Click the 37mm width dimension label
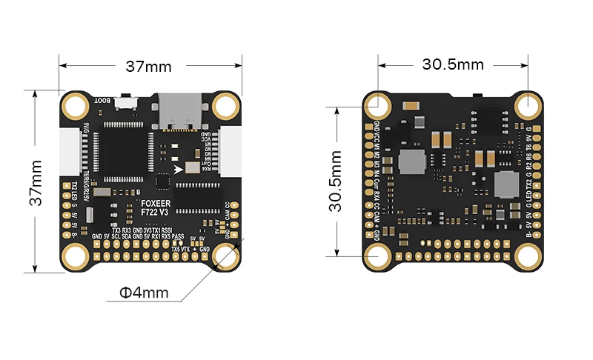(148, 67)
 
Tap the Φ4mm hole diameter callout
(144, 293)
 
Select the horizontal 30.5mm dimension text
(453, 64)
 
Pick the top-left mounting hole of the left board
(74, 107)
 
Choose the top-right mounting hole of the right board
(528, 104)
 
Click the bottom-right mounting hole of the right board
(528, 256)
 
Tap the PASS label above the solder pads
(178, 237)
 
